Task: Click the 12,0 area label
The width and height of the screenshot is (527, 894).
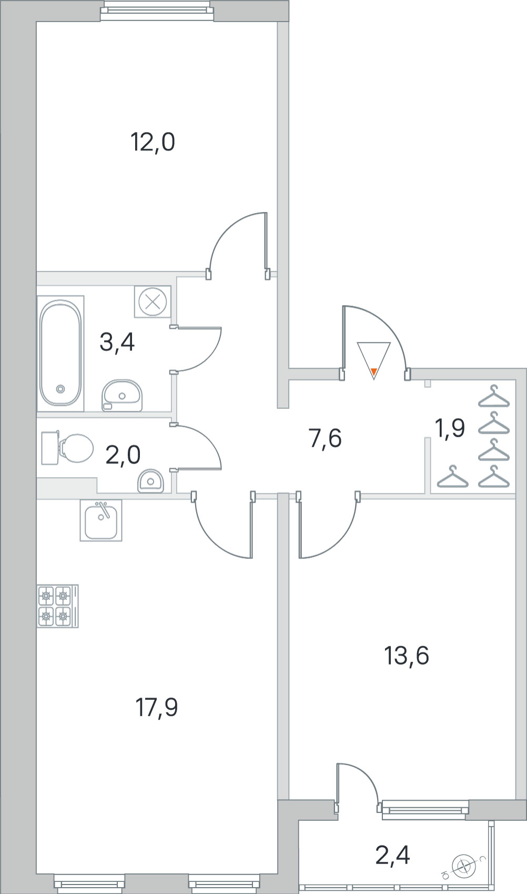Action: point(153,143)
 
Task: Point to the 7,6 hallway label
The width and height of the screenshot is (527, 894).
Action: point(325,438)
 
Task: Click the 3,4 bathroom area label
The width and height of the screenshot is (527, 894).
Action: point(117,343)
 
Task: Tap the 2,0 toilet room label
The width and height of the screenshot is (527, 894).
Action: point(123,455)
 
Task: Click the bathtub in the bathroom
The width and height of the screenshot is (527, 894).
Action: point(60,353)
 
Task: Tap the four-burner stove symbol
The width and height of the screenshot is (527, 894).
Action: point(57,606)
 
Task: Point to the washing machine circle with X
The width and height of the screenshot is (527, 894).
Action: point(153,302)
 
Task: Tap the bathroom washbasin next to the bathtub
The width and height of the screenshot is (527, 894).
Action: point(122,395)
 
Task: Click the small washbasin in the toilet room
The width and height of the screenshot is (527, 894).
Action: point(150,480)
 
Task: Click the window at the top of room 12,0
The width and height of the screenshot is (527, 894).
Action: point(156,11)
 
